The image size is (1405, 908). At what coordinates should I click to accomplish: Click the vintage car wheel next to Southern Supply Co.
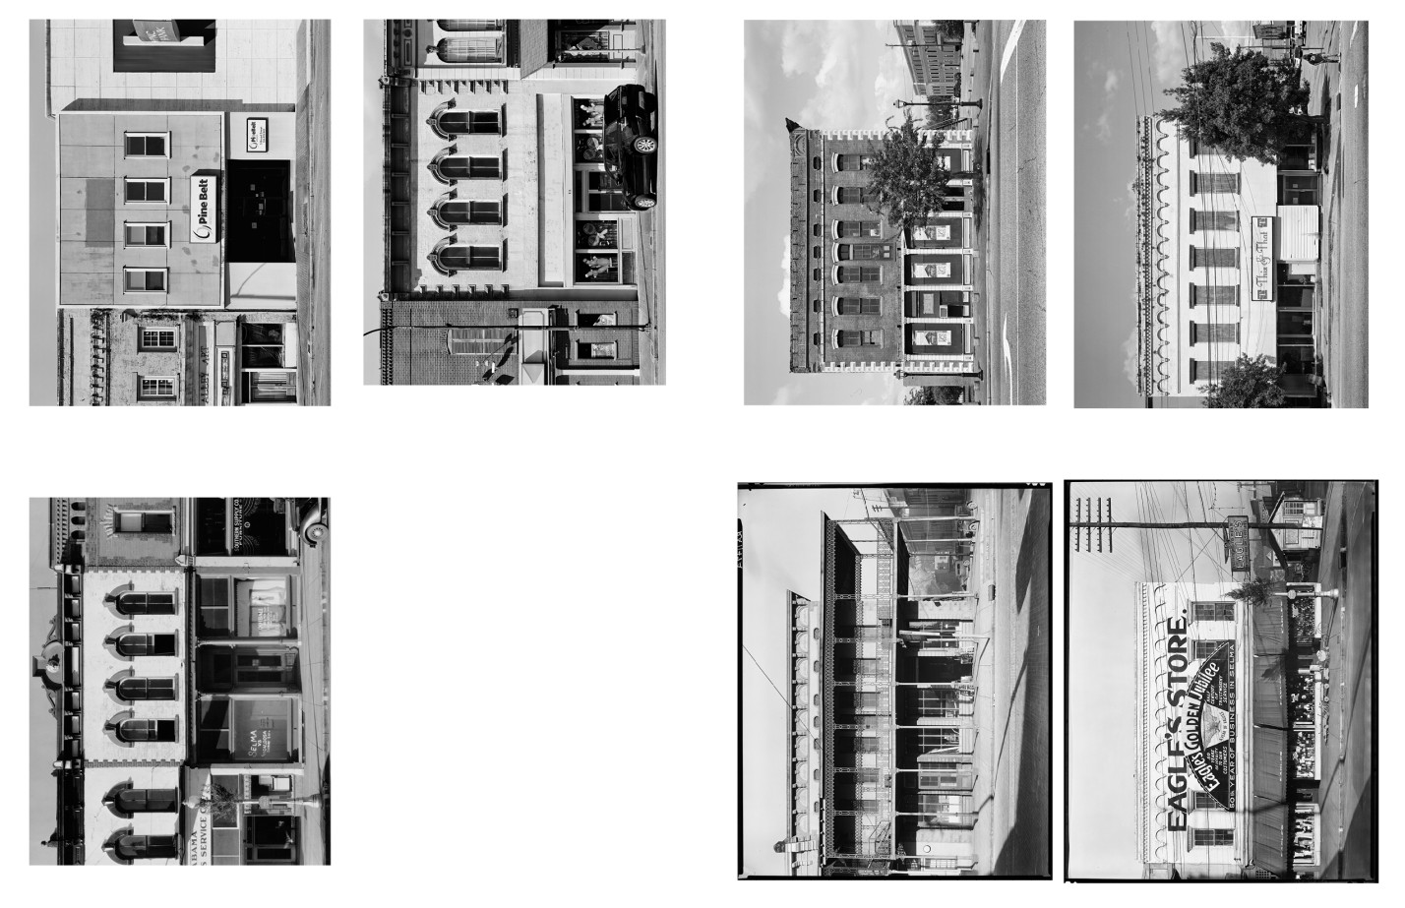pos(315,532)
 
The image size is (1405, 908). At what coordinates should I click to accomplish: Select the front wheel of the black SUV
pos(644,145)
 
